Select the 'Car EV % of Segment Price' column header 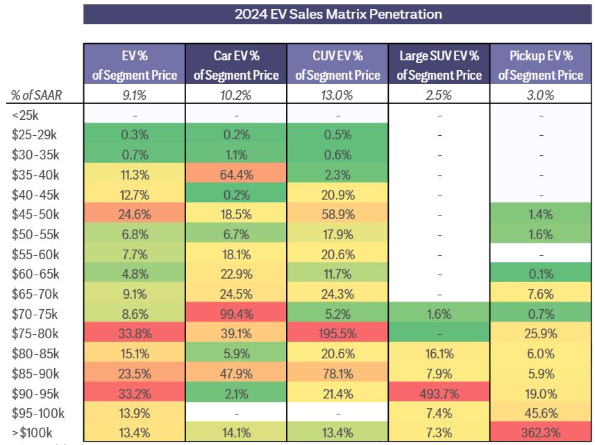(x=236, y=65)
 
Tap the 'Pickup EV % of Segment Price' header (x=540, y=65)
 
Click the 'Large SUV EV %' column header (x=439, y=65)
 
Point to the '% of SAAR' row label (x=37, y=96)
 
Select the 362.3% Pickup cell (x=540, y=433)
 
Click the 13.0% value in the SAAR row (x=337, y=96)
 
